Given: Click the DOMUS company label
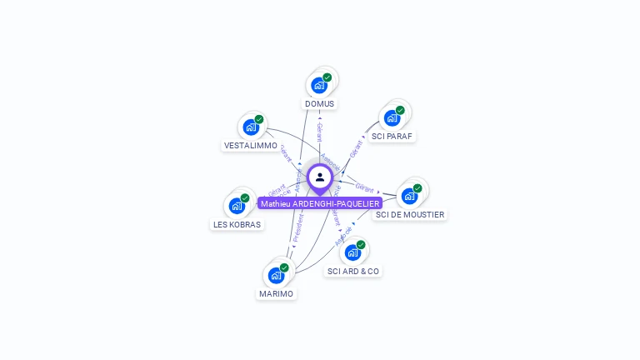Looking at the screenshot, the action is pyautogui.click(x=319, y=104).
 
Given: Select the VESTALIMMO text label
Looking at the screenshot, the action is pyautogui.click(x=250, y=145).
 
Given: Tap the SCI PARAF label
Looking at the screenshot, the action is pyautogui.click(x=392, y=136).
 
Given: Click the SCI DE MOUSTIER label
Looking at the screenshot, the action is pyautogui.click(x=410, y=215).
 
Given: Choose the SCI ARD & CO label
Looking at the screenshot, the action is pyautogui.click(x=353, y=272).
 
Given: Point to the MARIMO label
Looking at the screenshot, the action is pyautogui.click(x=276, y=294).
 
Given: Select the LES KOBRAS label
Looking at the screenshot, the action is pyautogui.click(x=237, y=224).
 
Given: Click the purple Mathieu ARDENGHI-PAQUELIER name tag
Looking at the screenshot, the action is pyautogui.click(x=320, y=203).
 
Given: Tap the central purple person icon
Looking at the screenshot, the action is pyautogui.click(x=320, y=177).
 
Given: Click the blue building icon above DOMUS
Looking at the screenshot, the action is pyautogui.click(x=318, y=85).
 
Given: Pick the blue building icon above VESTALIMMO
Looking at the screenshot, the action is pyautogui.click(x=250, y=127).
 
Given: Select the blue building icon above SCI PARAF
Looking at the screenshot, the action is pyautogui.click(x=392, y=118).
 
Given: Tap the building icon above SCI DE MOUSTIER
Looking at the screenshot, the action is pyautogui.click(x=408, y=196).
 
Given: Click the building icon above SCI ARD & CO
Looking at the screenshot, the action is pyautogui.click(x=352, y=252).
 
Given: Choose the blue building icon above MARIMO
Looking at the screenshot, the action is pyautogui.click(x=276, y=275).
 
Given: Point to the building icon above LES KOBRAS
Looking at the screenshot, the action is pyautogui.click(x=236, y=205).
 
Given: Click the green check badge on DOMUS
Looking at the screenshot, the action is pyautogui.click(x=327, y=77).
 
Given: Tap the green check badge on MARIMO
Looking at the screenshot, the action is pyautogui.click(x=284, y=267).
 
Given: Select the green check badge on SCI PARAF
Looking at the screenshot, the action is pyautogui.click(x=400, y=110).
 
